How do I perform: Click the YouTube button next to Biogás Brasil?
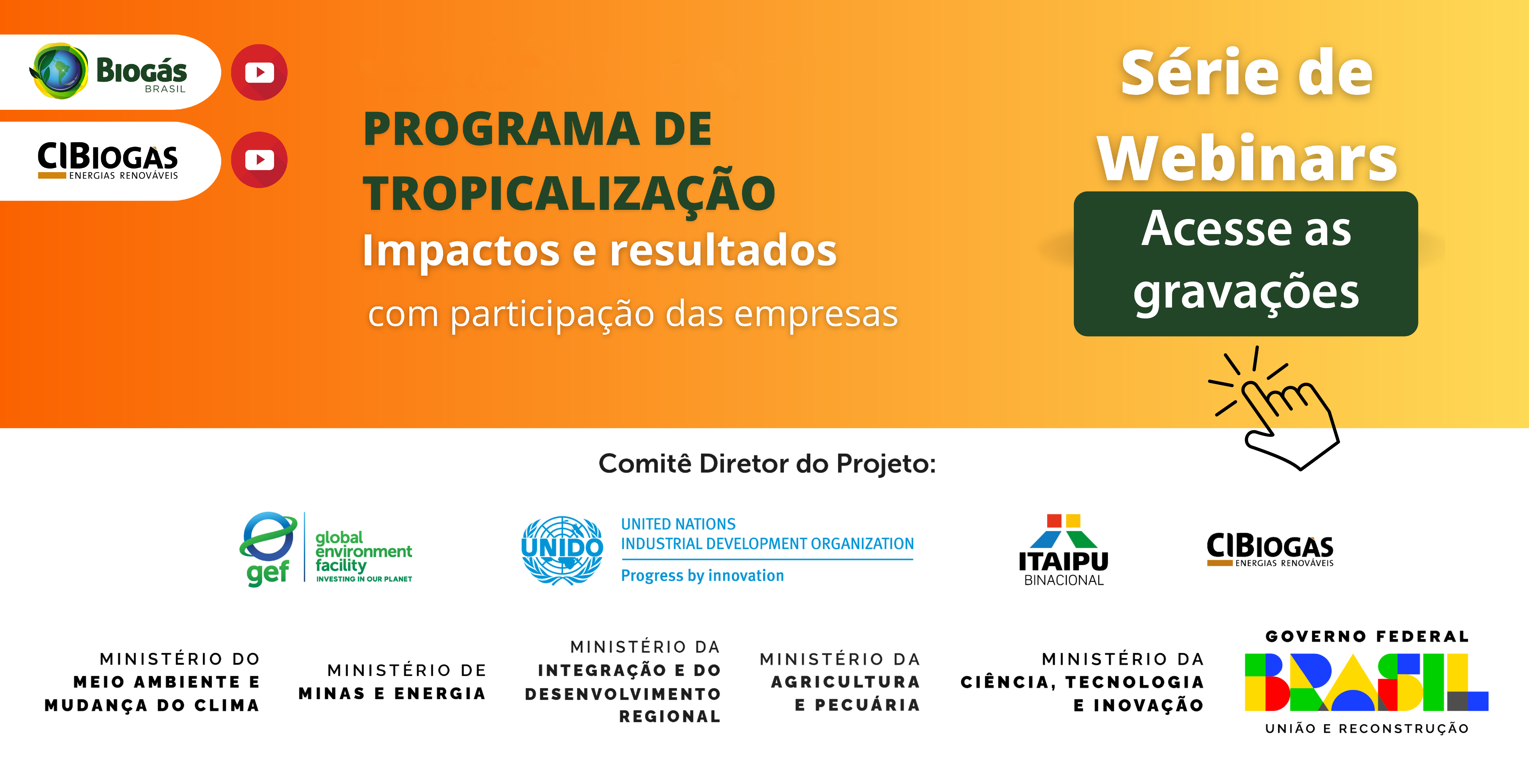click(x=259, y=73)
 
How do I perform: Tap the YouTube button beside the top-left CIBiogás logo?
click(x=259, y=160)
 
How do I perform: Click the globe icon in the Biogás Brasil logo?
click(x=59, y=71)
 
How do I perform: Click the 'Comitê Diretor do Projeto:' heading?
click(x=767, y=463)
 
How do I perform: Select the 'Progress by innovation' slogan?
click(x=702, y=576)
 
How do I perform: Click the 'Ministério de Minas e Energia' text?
click(x=392, y=682)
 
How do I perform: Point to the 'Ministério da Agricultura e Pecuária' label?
click(x=840, y=682)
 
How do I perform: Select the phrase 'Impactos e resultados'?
click(x=600, y=250)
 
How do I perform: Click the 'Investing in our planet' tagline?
click(x=364, y=579)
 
